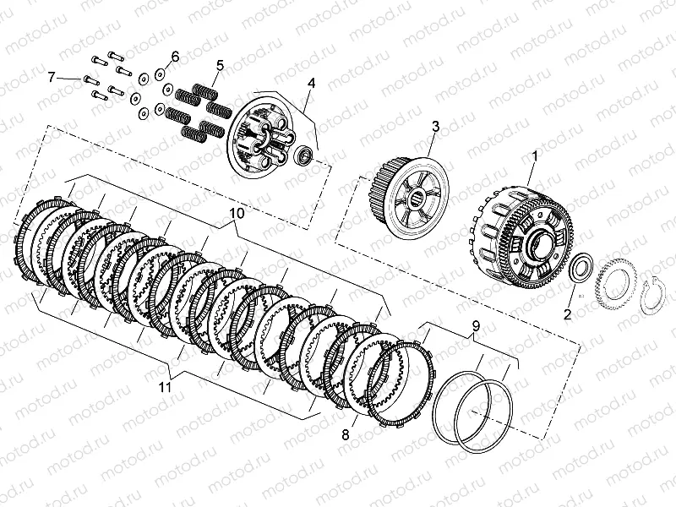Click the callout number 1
pos(535,157)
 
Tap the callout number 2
pos(567,314)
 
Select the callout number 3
pos(435,127)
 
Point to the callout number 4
pos(311,83)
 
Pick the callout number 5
pos(221,66)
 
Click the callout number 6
pos(175,57)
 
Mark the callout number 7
pos(52,78)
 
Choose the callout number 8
pos(346,435)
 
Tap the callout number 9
pos(476,325)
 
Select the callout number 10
pos(237,214)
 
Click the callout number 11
pos(164,387)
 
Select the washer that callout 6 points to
pos(159,75)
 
